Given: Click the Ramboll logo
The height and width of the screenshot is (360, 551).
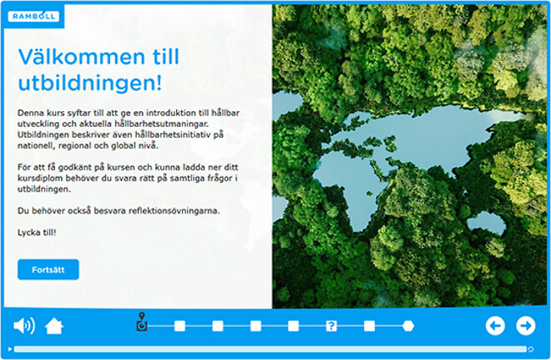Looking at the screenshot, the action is [33, 16].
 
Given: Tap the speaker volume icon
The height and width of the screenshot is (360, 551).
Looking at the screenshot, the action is [24, 326].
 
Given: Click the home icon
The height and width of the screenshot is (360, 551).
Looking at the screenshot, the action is [53, 326].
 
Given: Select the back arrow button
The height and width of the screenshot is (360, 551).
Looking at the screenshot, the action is [495, 326].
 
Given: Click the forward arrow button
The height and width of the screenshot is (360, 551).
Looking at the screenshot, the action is [526, 326].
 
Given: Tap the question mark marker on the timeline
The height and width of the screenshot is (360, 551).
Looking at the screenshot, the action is [331, 326].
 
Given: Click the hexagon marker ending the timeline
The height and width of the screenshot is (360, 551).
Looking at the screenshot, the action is [408, 326].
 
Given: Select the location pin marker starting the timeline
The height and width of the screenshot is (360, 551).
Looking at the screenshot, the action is [142, 322].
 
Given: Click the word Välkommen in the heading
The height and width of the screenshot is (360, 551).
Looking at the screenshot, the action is [82, 57].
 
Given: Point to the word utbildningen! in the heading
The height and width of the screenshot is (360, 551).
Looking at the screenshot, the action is [90, 83].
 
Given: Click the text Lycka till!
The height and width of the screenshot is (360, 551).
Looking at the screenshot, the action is [37, 232].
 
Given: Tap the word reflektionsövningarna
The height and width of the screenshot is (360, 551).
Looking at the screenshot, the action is [174, 210].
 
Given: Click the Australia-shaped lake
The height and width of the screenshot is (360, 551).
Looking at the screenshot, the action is [487, 222].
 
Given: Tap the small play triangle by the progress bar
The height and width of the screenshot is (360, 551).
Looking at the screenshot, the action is [10, 349].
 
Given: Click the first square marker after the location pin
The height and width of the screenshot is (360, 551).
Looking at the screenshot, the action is [179, 326].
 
